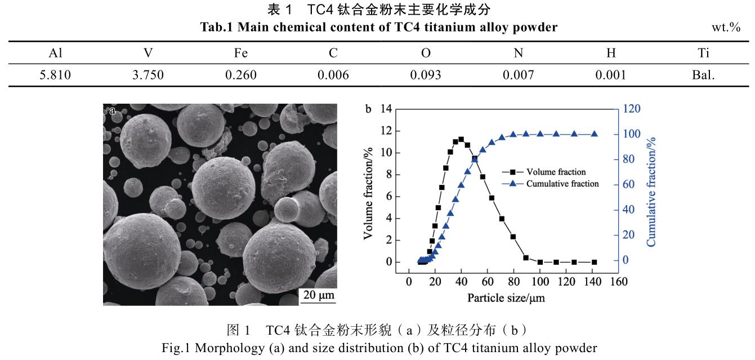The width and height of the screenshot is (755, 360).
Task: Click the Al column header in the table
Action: click(x=55, y=53)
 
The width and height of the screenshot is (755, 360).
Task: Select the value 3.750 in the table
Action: click(x=148, y=75)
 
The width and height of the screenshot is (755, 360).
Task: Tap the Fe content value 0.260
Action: click(x=241, y=75)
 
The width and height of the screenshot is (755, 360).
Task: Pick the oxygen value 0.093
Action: click(x=426, y=75)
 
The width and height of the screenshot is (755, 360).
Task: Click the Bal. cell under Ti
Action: click(x=703, y=75)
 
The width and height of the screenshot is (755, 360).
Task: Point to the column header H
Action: click(x=611, y=53)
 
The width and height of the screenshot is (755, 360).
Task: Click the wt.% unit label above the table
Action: click(x=726, y=27)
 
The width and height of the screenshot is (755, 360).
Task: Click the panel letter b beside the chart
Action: click(x=369, y=109)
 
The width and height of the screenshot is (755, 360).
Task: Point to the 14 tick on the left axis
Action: click(x=385, y=109)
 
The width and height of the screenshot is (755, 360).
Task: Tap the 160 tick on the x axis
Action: click(x=619, y=281)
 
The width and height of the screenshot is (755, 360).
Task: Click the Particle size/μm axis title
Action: click(x=506, y=297)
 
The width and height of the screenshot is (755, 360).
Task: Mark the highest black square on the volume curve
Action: click(x=461, y=139)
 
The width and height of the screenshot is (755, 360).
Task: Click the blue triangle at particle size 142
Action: click(x=595, y=134)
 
